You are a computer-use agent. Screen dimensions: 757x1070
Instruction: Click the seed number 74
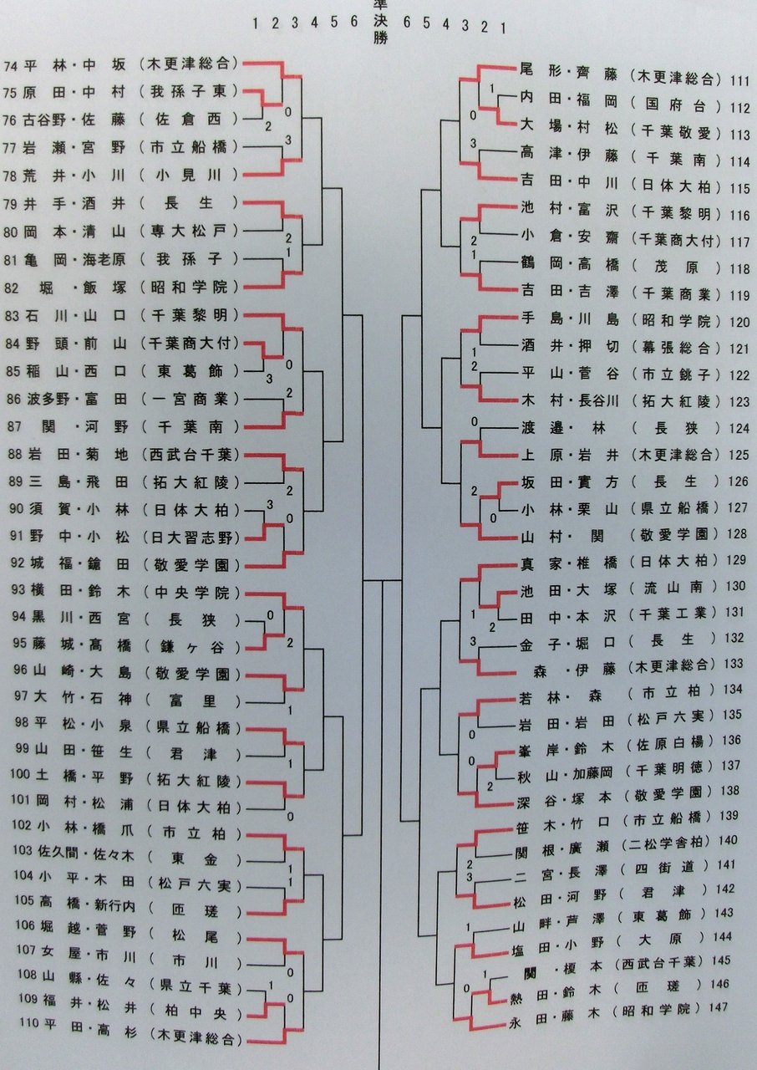point(11,64)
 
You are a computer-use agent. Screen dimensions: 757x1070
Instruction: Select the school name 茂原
point(676,269)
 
